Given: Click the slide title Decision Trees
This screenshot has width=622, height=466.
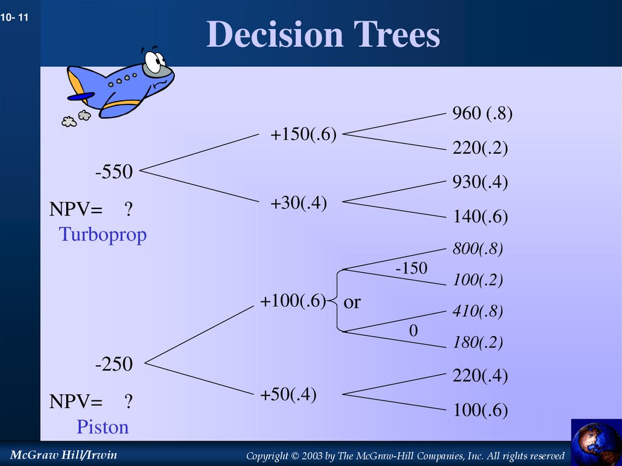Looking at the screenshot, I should pos(323,35).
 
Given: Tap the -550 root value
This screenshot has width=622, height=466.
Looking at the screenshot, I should pos(114,172).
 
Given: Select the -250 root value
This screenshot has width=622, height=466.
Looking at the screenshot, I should pos(114,365).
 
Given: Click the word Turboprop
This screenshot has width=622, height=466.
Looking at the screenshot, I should pos(103,235).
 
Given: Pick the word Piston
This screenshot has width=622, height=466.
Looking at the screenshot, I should pos(103,427).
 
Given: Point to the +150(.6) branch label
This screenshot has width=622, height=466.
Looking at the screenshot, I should pos(304,135).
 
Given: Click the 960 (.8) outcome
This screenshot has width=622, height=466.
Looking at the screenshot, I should pos(482,114).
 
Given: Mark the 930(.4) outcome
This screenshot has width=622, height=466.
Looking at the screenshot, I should pos(480,182).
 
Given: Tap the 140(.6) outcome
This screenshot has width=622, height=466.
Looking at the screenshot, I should pos(480,217).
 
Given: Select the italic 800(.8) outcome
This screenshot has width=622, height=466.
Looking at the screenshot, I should pos(477,248).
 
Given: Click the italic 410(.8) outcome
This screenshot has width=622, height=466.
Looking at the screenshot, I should pos(477,312).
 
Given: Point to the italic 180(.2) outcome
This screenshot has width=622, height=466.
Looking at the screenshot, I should pos(477,343).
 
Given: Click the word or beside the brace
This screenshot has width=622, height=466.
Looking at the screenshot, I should pos(352,302).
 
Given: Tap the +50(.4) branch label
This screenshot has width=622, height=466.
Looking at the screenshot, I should pos(289,394).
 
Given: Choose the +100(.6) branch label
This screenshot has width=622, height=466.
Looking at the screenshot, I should pos(293,301).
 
